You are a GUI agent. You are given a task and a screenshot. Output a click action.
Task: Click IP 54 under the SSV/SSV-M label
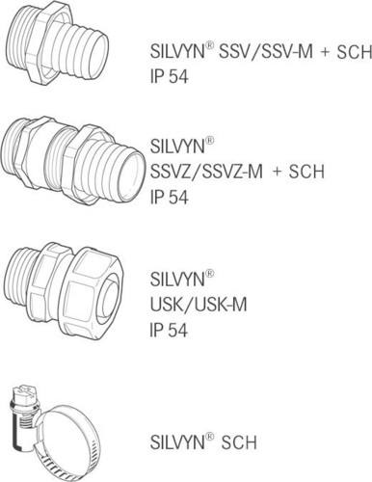[171, 74]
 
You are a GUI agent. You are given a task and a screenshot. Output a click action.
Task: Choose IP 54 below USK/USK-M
[171, 330]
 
